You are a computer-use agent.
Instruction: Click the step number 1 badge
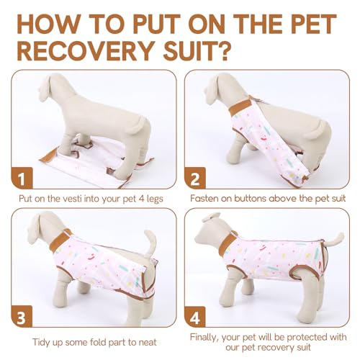(x=23, y=177)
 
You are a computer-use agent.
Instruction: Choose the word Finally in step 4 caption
(x=210, y=335)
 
